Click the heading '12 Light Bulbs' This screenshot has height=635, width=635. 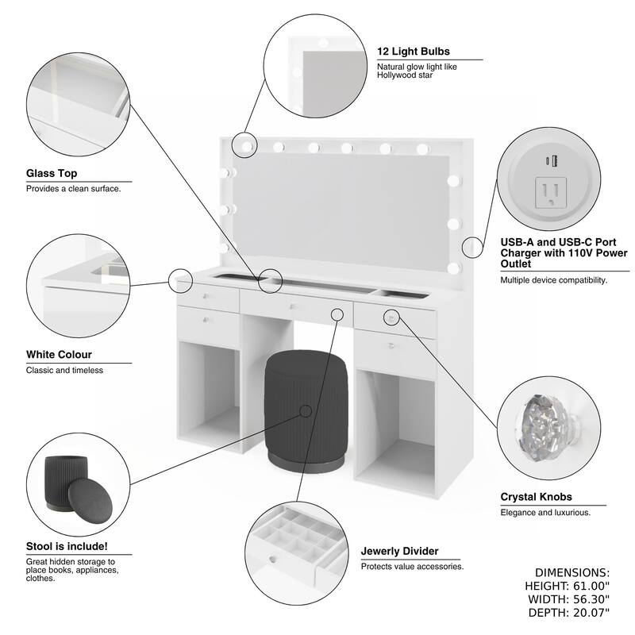pyautogui.click(x=415, y=51)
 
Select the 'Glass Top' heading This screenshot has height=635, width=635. pyautogui.click(x=52, y=173)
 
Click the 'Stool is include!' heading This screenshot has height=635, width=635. pyautogui.click(x=67, y=546)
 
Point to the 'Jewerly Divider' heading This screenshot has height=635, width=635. pyautogui.click(x=399, y=551)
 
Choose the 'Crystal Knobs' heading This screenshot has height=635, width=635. pyautogui.click(x=536, y=497)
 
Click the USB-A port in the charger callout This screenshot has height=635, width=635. pyautogui.click(x=555, y=161)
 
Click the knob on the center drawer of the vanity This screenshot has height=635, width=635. pyautogui.click(x=292, y=306)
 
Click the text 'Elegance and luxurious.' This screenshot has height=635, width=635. pyautogui.click(x=545, y=513)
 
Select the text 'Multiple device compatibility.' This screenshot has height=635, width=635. pyautogui.click(x=553, y=280)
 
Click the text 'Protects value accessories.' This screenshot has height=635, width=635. pyautogui.click(x=412, y=567)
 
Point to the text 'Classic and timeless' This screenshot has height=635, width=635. pyautogui.click(x=64, y=370)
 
